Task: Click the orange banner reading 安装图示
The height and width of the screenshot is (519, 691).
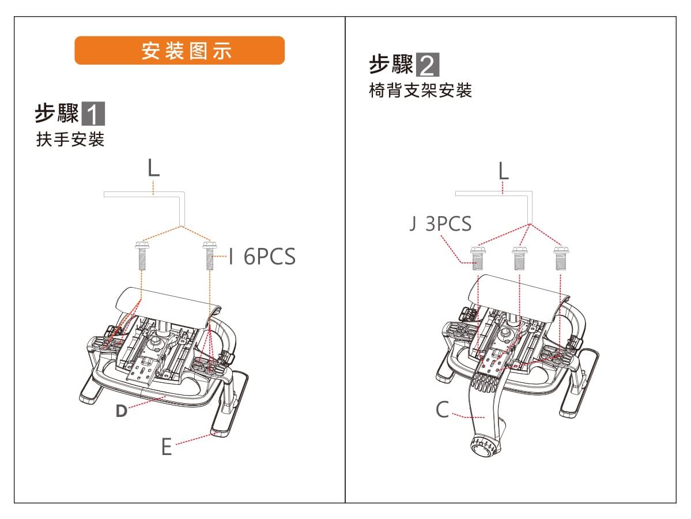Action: (x=179, y=51)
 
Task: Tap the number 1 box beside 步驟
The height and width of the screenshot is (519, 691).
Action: (x=93, y=114)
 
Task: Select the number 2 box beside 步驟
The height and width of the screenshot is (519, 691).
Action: (x=427, y=65)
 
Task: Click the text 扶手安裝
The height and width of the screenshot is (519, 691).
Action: (x=70, y=140)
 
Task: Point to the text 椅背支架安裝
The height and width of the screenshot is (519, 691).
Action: (x=420, y=91)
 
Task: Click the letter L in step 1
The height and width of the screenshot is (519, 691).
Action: (x=153, y=168)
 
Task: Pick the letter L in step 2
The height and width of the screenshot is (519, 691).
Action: (x=504, y=171)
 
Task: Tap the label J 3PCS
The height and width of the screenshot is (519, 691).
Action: (x=440, y=224)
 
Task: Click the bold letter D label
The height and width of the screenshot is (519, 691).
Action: (x=121, y=411)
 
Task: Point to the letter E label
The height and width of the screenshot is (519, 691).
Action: (x=167, y=447)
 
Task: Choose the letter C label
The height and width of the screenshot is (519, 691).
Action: (x=442, y=410)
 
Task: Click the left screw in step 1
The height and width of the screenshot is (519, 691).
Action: (x=142, y=256)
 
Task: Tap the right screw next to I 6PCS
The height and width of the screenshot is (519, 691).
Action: (x=209, y=256)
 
